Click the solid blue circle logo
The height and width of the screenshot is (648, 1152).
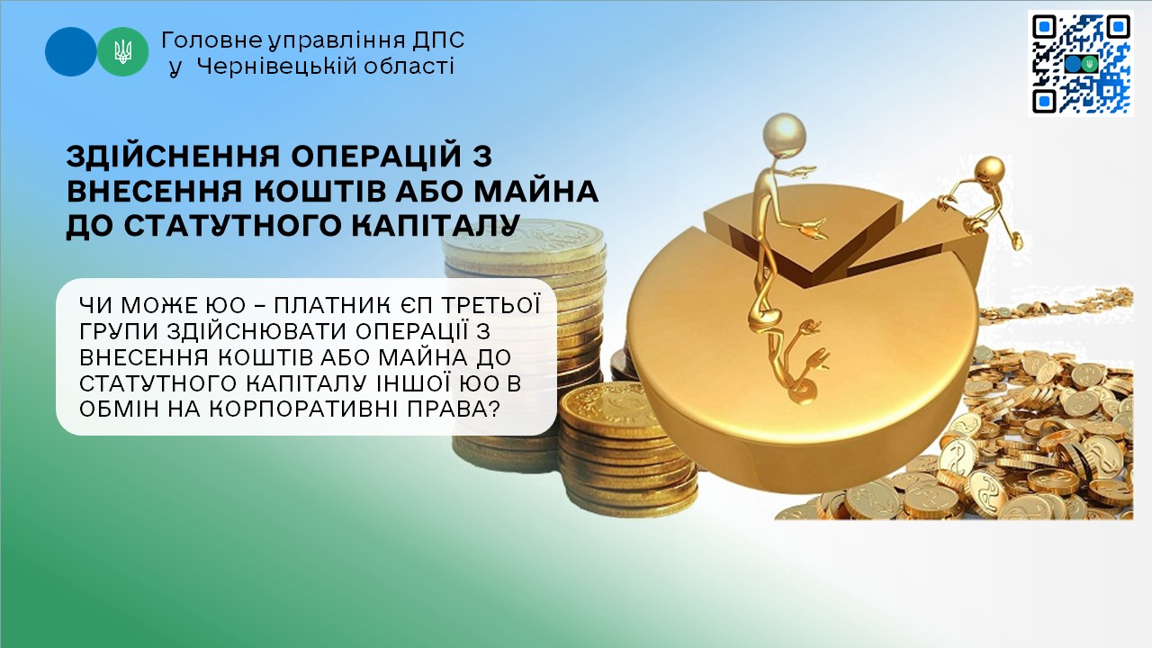(x=70, y=51)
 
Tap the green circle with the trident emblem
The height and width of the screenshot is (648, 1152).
(x=123, y=51)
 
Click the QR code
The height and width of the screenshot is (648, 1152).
(x=1081, y=63)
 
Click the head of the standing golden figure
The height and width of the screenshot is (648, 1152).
(x=784, y=132)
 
